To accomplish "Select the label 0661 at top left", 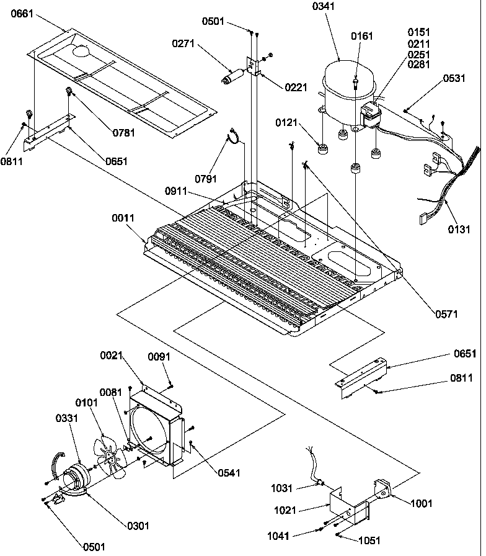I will click(x=23, y=16).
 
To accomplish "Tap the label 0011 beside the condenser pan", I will click(x=125, y=218).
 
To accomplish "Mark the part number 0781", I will click(x=124, y=132).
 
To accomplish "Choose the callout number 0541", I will click(x=229, y=473).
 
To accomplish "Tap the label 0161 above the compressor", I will click(x=363, y=36).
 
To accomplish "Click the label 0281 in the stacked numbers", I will click(x=419, y=65).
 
